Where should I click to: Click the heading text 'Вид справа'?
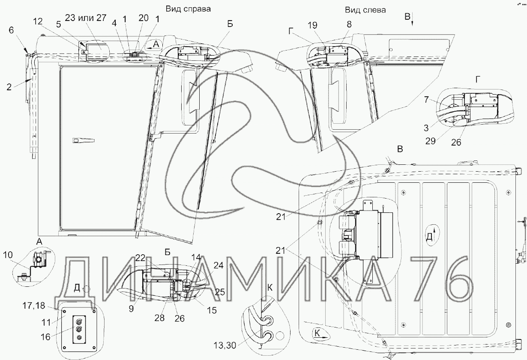point(188,9)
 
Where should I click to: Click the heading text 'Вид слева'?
point(365,10)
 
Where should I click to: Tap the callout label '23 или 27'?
point(86,18)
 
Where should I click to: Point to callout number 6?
point(11,30)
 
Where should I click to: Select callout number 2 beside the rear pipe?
point(9,87)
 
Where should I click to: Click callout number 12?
point(38,21)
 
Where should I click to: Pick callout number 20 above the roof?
point(144,18)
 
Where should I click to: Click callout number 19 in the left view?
point(313,25)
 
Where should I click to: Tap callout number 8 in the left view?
point(349,24)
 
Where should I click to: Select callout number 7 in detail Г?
point(427,100)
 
